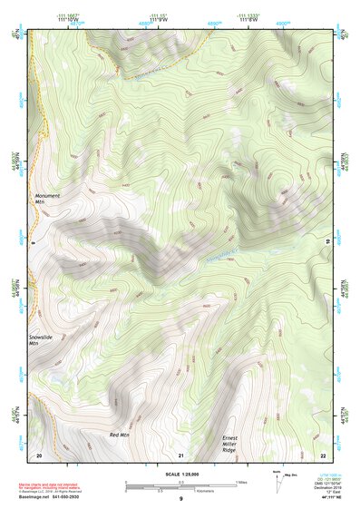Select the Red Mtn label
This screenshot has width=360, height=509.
point(120,436)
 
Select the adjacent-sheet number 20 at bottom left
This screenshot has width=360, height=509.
point(39,455)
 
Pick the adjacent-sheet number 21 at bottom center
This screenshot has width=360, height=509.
point(181,455)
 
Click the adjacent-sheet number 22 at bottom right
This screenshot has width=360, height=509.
point(323,455)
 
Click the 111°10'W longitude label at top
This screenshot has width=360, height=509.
point(80,19)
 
